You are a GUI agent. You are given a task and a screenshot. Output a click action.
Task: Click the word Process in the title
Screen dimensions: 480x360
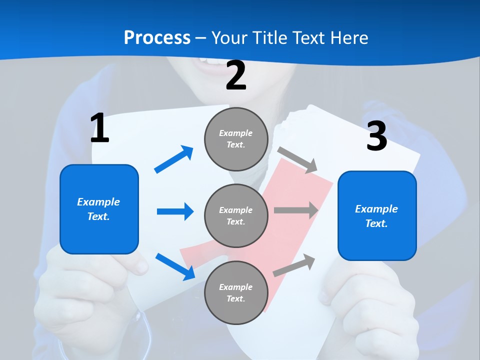tap(157, 38)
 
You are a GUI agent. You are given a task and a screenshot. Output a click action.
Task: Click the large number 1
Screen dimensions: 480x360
tap(100, 127)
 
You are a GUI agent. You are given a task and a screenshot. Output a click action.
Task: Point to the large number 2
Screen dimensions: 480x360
tap(236, 75)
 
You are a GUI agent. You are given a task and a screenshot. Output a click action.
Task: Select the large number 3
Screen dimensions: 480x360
tap(377, 135)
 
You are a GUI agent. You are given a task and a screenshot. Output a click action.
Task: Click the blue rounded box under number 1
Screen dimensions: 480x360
tap(99, 209)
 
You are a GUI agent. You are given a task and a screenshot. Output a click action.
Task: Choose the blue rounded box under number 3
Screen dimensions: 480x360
tap(377, 216)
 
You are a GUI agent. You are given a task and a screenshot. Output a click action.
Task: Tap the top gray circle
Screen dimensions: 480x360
tap(236, 139)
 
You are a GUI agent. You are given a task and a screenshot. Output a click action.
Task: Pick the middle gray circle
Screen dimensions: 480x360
tap(236, 216)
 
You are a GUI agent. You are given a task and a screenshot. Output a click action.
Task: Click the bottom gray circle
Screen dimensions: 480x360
tap(236, 292)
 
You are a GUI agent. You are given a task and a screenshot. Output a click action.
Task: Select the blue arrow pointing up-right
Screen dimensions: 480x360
tap(173, 159)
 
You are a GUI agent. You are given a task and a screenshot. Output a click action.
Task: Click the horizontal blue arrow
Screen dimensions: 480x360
tap(175, 211)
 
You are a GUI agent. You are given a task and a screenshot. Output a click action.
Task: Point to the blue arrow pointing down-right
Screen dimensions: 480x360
tap(175, 266)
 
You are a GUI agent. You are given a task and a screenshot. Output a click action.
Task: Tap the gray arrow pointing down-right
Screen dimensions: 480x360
tap(297, 160)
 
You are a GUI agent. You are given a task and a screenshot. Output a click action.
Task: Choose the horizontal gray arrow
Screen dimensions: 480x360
tap(296, 210)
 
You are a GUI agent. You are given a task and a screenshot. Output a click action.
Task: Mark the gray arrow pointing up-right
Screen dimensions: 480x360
tap(294, 265)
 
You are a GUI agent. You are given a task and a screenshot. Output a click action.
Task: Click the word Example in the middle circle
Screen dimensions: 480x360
tap(235, 210)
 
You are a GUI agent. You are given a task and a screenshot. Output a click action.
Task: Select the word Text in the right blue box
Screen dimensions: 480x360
tap(376, 223)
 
